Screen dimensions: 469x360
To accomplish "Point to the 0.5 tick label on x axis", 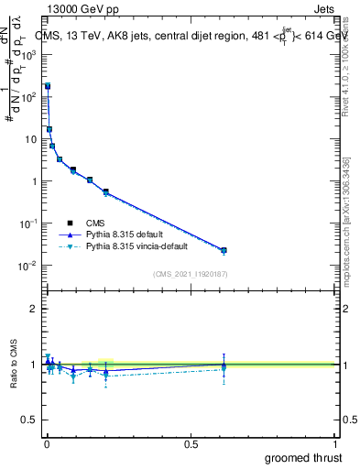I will click(191, 444).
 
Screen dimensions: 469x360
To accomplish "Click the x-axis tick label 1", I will click(335, 444).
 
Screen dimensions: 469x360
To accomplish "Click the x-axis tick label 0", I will click(48, 444).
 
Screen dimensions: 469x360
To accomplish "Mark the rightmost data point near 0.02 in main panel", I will click(224, 250).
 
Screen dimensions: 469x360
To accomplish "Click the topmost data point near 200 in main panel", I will click(48, 86).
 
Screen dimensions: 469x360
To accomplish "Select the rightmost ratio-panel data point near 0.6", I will click(224, 365).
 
